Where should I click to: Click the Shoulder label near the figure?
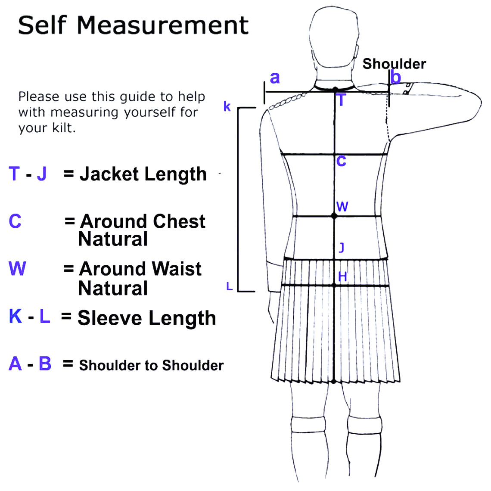(394, 64)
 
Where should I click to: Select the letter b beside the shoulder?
(396, 77)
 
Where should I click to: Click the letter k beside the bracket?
(227, 106)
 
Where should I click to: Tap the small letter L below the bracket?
(230, 286)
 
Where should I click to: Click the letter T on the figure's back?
(341, 100)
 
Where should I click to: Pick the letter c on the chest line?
(341, 161)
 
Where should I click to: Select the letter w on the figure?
(342, 207)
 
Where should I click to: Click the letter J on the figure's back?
(342, 248)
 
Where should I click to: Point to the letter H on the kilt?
(342, 277)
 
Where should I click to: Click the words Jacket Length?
(143, 174)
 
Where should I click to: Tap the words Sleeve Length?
(147, 318)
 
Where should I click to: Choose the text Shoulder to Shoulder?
(151, 365)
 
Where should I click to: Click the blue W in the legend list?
(17, 269)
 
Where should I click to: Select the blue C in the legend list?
(15, 221)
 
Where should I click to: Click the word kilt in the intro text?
(64, 128)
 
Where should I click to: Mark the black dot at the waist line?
(334, 216)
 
